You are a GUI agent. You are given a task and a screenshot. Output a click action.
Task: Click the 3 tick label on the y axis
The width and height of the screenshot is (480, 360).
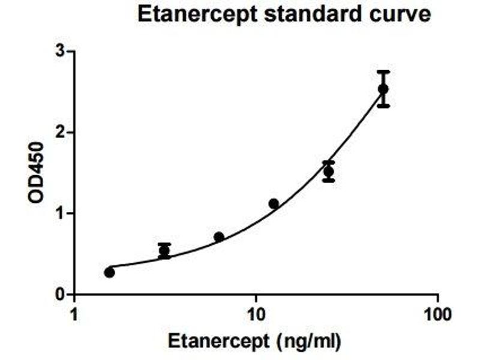point(60,52)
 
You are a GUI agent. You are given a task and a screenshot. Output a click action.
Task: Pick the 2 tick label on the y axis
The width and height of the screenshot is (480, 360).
point(60,133)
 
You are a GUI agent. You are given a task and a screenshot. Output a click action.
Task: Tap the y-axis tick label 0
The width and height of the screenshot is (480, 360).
point(60,295)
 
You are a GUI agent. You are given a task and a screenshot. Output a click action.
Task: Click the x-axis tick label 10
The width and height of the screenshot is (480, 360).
point(256,314)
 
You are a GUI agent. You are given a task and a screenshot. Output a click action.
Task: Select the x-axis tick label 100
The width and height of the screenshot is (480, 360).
point(437,314)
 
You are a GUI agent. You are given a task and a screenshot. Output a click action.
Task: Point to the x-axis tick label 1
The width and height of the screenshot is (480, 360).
point(74,314)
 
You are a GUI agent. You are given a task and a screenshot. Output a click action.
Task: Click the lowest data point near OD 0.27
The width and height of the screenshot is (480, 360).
point(109,272)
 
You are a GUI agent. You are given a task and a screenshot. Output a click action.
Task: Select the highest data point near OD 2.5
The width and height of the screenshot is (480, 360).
point(383,89)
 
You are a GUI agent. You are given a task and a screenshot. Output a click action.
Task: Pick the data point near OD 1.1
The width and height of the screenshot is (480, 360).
point(274,204)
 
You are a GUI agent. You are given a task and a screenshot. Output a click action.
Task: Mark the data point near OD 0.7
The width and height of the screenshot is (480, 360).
point(219,237)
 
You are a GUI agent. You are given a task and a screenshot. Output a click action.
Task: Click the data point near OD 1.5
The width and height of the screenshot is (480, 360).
point(329,172)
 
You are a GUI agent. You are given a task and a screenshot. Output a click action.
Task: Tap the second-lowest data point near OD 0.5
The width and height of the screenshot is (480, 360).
point(164,251)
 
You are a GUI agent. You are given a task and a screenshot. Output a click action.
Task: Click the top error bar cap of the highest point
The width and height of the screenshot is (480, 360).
point(383,71)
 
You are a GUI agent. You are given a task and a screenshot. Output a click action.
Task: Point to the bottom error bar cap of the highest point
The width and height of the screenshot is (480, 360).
point(383,106)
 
